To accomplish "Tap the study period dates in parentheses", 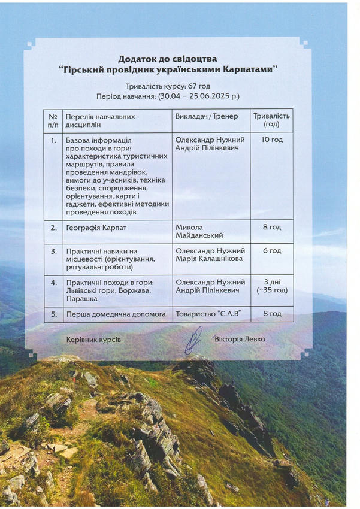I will click(198, 96).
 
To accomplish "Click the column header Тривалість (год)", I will click(271, 120).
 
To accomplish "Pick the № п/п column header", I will click(53, 120).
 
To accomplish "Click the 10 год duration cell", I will click(271, 140).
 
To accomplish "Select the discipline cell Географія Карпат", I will click(96, 228).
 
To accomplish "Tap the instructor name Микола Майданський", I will click(198, 232).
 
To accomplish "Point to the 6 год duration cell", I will click(271, 251).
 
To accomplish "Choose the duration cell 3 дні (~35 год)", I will click(271, 286).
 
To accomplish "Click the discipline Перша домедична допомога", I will click(107, 313).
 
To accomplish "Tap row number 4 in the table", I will click(53, 282).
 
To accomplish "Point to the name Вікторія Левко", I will click(239, 339).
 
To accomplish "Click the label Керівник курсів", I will click(93, 340).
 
